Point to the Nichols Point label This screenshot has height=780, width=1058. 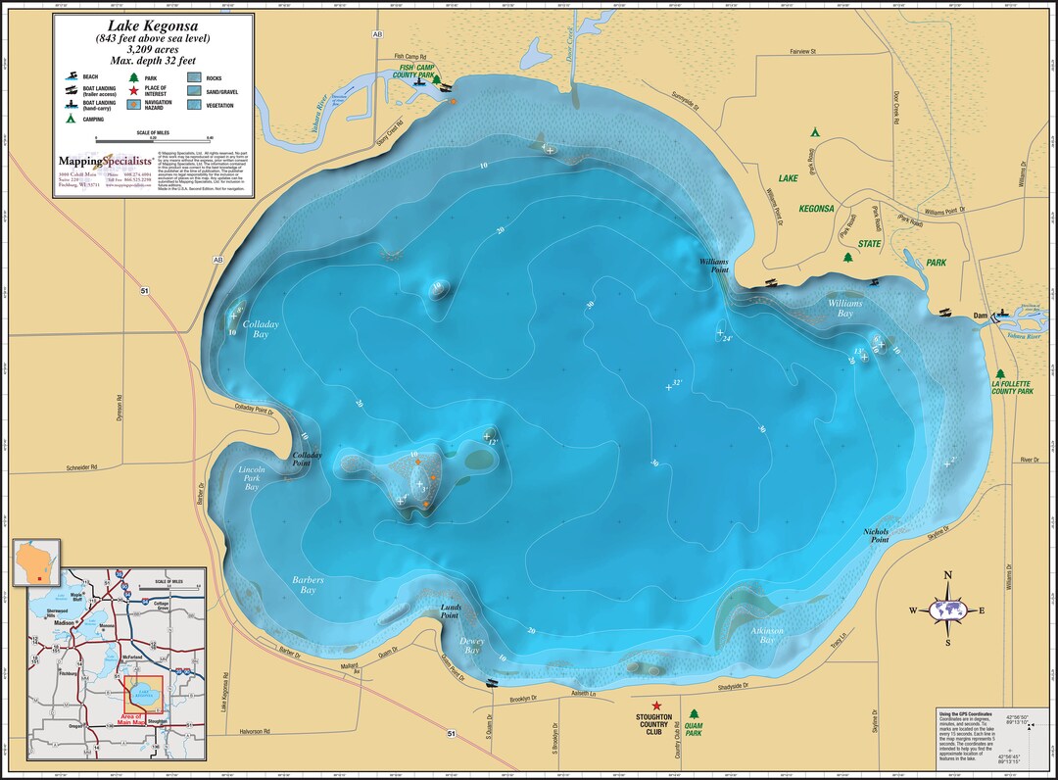click(876, 535)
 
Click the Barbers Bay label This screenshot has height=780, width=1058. click(307, 585)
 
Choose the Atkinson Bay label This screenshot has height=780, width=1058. click(767, 635)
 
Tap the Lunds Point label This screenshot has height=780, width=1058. click(449, 611)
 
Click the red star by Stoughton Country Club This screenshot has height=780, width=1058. click(656, 706)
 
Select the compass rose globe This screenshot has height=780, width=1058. click(947, 609)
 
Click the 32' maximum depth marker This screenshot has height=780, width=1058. click(674, 385)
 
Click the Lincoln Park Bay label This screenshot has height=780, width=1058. click(252, 478)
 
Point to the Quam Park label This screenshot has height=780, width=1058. click(694, 727)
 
